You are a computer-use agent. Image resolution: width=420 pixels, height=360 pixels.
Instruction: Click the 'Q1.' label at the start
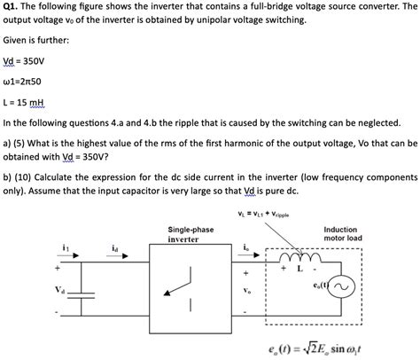[x=12, y=8]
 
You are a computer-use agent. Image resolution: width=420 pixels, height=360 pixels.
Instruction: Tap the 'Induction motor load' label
[x=340, y=234]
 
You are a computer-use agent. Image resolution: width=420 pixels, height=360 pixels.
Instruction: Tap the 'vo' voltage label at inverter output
[x=245, y=290]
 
